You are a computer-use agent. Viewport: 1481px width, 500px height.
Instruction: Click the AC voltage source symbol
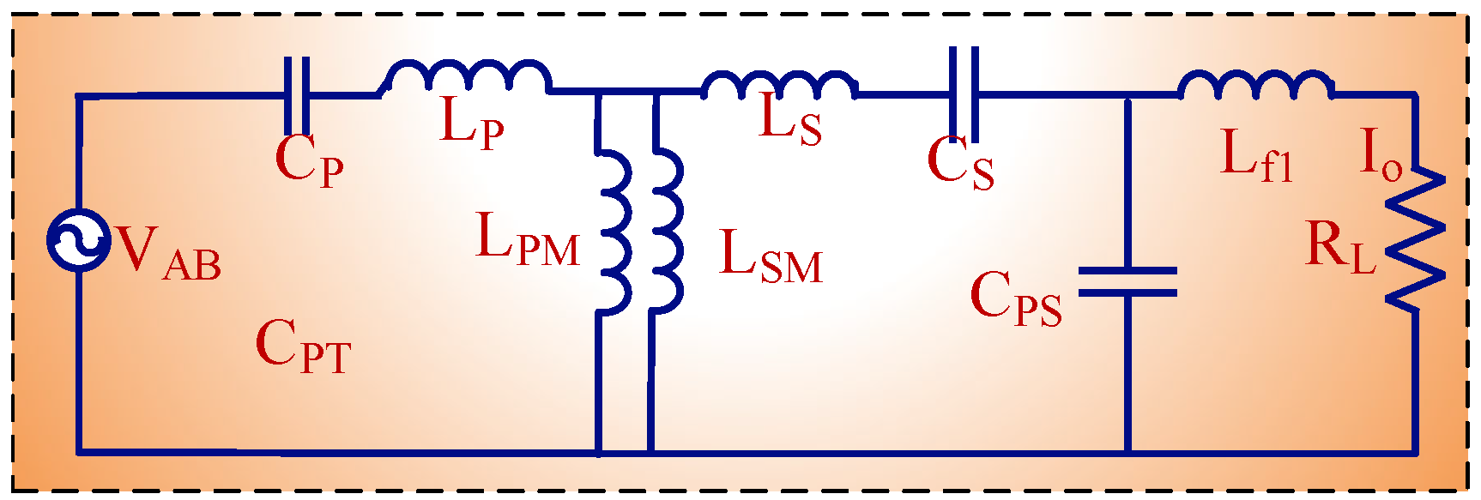click(x=78, y=242)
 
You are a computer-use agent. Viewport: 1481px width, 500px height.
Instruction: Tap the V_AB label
click(x=169, y=252)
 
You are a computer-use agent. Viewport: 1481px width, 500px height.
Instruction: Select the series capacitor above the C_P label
click(x=297, y=94)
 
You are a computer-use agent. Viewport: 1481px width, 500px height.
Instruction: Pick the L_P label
click(x=471, y=123)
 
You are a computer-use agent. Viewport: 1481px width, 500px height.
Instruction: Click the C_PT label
click(x=303, y=346)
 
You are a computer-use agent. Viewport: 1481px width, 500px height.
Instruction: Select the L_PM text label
click(x=528, y=239)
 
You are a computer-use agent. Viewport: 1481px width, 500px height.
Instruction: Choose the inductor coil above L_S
click(x=779, y=84)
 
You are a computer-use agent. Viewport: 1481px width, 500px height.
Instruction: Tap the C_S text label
click(x=960, y=163)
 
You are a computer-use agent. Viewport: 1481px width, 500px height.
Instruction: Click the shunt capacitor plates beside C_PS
click(x=1127, y=281)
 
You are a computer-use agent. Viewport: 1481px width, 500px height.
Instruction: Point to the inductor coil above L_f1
click(x=1255, y=84)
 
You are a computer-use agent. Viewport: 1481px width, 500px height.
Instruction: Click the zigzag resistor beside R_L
click(x=1415, y=238)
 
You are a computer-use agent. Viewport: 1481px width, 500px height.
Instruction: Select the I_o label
click(x=1381, y=155)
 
